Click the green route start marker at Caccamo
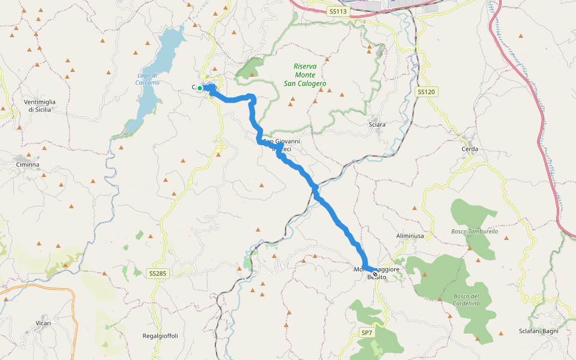point(200,88)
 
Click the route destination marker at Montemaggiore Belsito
point(375,274)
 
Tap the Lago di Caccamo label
point(148,79)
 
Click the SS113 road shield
point(338,11)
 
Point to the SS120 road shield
point(425,92)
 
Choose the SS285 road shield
point(157,274)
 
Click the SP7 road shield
point(367,332)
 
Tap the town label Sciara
point(377,124)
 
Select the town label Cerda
point(470,148)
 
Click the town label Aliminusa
point(410,236)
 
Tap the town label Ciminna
point(28,164)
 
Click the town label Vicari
point(43,323)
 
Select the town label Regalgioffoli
point(160,335)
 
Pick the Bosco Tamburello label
point(475,231)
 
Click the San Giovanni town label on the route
point(281,142)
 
